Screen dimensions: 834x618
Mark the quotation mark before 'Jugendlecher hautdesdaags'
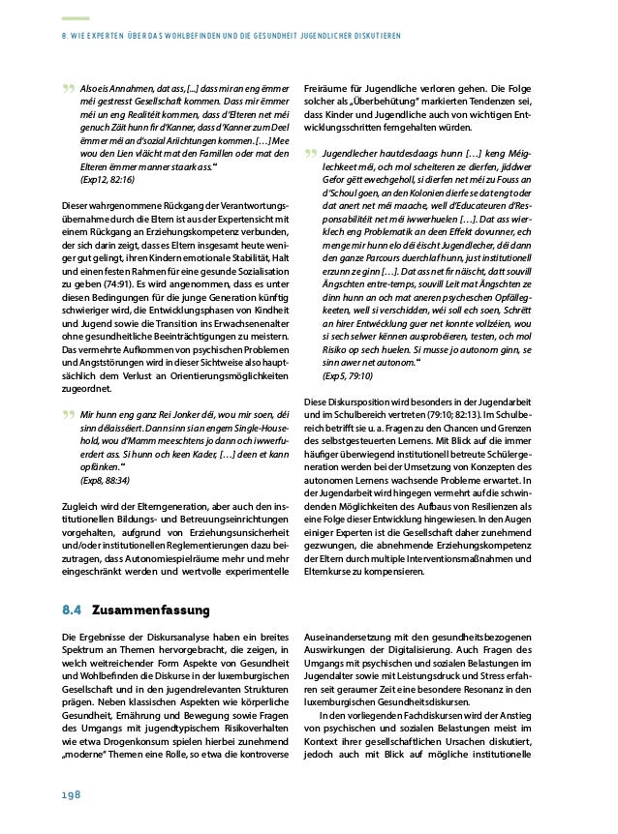click(x=309, y=154)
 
